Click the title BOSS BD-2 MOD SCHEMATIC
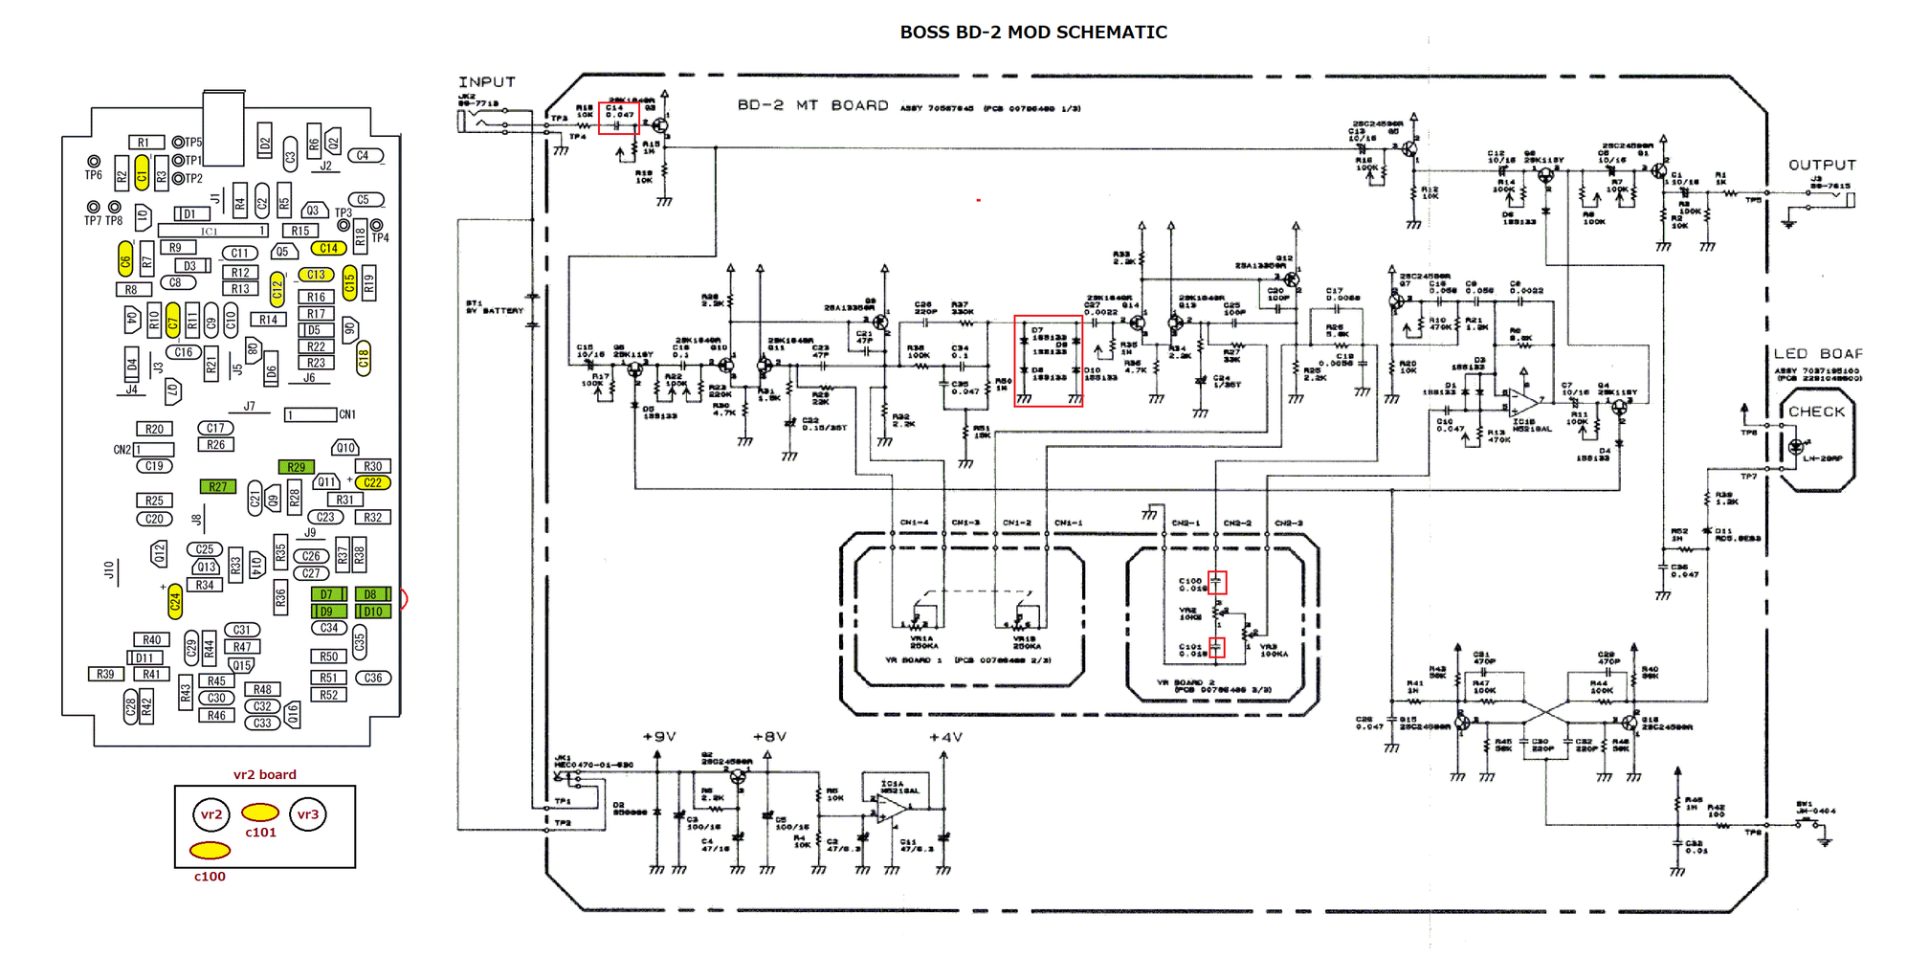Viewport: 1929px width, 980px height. point(1032,33)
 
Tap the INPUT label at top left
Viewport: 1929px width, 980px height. point(486,82)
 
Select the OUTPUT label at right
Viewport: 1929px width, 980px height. point(1822,165)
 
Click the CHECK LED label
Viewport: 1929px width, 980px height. point(1816,412)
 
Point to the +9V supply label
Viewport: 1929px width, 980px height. point(659,736)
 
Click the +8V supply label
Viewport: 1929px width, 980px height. point(769,736)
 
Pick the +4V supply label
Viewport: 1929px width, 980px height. point(945,737)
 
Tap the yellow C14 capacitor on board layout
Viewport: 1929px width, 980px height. point(328,248)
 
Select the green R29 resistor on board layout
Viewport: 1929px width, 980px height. point(297,467)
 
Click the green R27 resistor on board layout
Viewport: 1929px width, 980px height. point(218,487)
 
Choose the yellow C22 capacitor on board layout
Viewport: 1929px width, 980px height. point(372,482)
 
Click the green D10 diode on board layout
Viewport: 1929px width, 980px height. point(372,612)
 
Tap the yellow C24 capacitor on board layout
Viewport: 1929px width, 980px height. point(175,601)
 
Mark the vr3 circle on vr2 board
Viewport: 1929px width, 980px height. point(307,814)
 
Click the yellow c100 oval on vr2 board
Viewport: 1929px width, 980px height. point(210,850)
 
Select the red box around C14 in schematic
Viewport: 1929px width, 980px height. point(619,119)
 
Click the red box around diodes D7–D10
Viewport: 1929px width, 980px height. point(1049,362)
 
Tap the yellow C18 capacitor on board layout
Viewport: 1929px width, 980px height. point(364,358)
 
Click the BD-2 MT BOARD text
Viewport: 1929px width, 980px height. point(812,105)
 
